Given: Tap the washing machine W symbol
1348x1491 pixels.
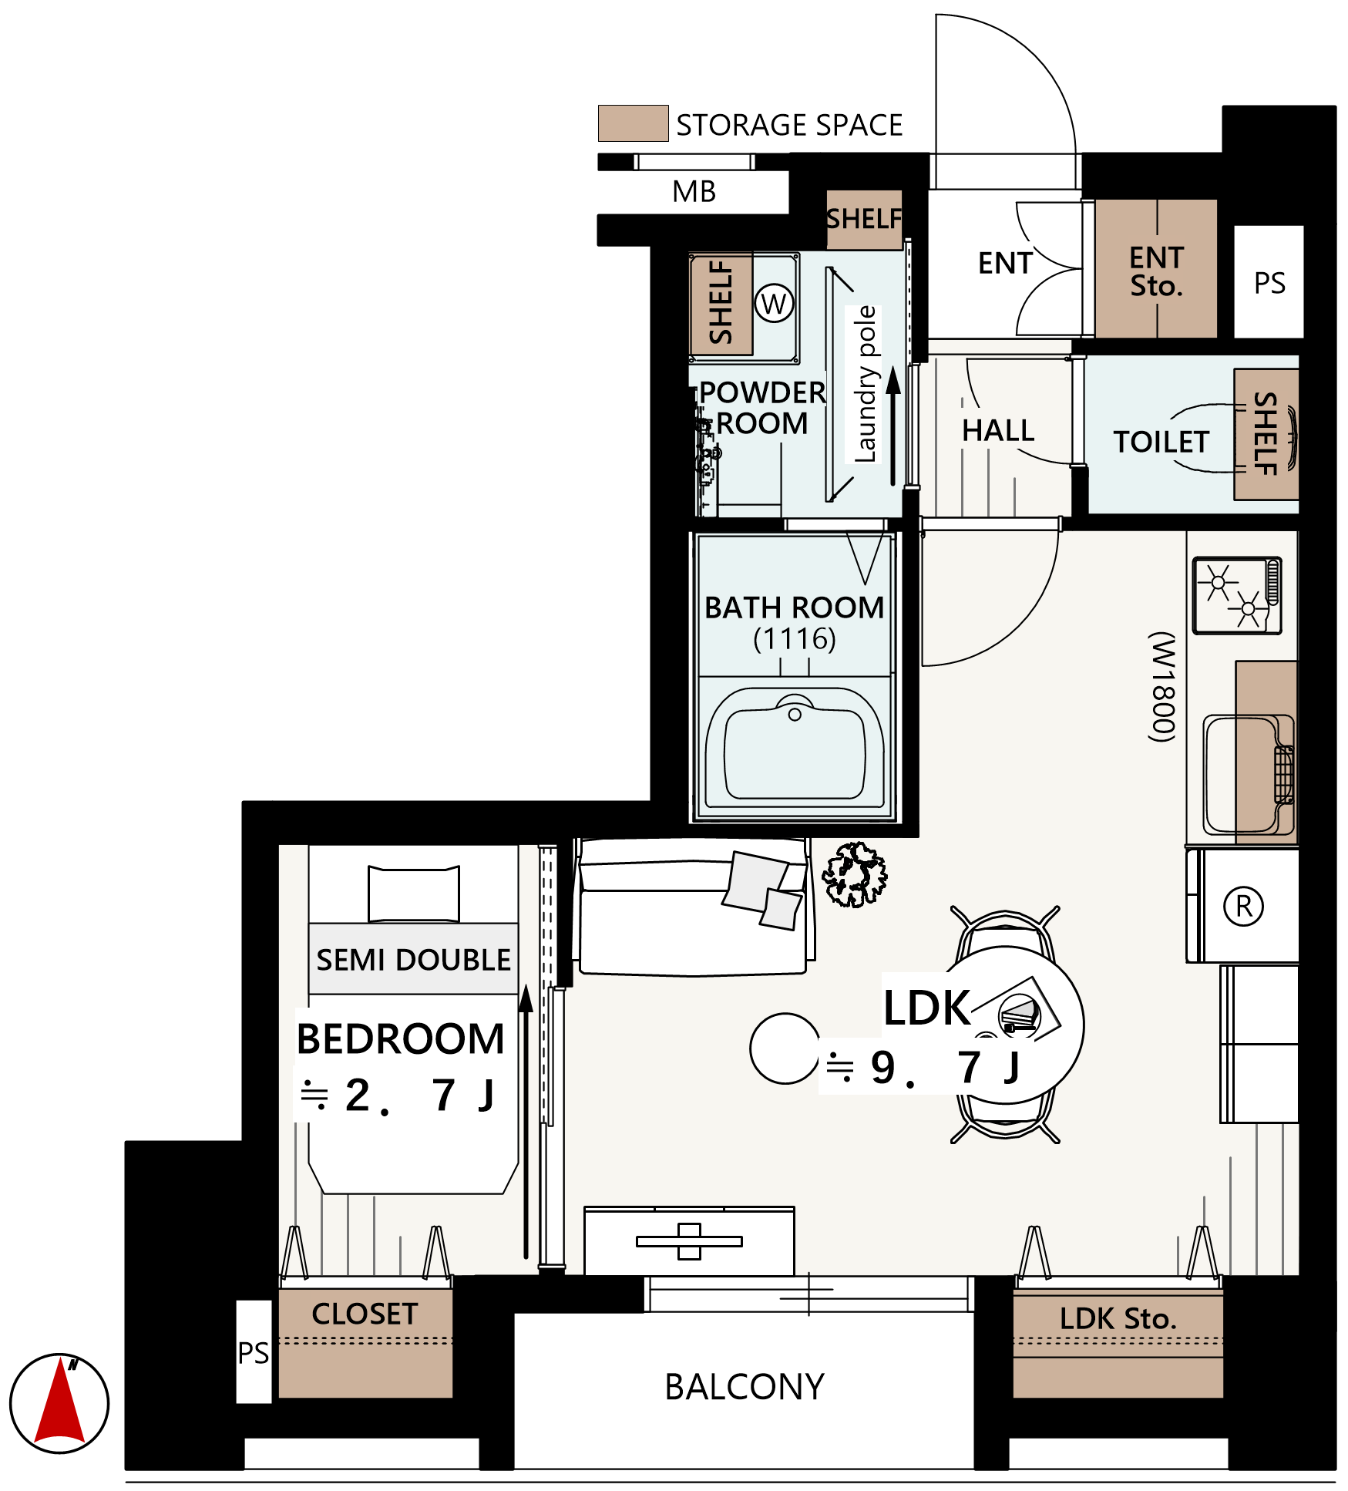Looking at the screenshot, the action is [774, 304].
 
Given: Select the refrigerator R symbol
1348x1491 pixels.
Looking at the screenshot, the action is [1243, 906].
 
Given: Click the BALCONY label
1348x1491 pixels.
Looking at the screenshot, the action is [745, 1387].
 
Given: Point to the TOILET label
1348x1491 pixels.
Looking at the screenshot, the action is [1161, 442].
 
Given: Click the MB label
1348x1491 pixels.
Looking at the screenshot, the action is [694, 191].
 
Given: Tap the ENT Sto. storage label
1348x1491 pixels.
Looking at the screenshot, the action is [1156, 271].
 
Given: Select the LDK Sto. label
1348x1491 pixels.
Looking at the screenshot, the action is [1118, 1319].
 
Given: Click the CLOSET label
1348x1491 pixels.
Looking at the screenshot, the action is [365, 1314].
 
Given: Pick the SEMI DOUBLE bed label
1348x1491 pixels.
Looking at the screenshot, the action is [414, 960].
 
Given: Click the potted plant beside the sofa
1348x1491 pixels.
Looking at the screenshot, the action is [854, 874].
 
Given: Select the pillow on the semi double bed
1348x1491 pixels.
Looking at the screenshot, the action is [414, 894].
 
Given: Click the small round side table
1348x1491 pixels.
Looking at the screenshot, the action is [785, 1048].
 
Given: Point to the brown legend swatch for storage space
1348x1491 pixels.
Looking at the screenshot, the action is [633, 123].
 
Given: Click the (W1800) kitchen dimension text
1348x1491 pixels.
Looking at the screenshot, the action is [1163, 687].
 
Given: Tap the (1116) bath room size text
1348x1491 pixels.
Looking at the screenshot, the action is [795, 639].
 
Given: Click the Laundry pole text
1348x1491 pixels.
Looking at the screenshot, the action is [866, 384].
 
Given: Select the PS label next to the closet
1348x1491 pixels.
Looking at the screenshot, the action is [253, 1353].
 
